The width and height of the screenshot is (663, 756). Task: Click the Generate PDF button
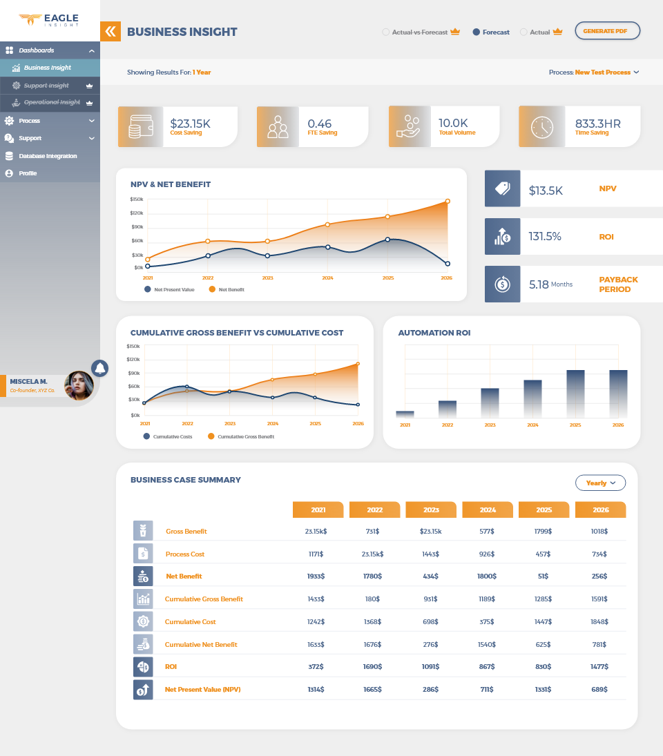(607, 31)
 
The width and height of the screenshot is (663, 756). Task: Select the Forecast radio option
(477, 32)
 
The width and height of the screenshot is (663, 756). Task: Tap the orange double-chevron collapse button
(110, 31)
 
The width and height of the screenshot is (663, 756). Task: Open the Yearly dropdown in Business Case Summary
(600, 483)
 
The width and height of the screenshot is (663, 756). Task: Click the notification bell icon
(100, 368)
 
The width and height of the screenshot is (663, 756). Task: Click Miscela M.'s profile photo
(79, 386)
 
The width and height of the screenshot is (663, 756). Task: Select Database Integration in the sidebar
(48, 156)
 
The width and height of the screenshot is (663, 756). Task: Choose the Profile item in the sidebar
(28, 173)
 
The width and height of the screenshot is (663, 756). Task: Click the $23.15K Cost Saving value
(190, 124)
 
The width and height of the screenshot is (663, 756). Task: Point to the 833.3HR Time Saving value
(597, 124)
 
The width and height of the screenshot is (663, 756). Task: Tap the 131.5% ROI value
(545, 236)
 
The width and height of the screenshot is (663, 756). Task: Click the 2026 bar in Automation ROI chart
(618, 394)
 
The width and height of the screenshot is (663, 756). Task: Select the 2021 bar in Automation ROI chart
(405, 414)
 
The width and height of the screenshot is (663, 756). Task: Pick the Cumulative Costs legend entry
(172, 436)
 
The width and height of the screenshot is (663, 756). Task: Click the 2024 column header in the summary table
(488, 510)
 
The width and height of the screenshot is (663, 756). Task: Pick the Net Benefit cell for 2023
(431, 576)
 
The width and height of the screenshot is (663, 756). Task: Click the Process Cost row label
(185, 554)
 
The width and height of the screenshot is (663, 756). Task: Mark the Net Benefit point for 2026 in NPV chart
(448, 202)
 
